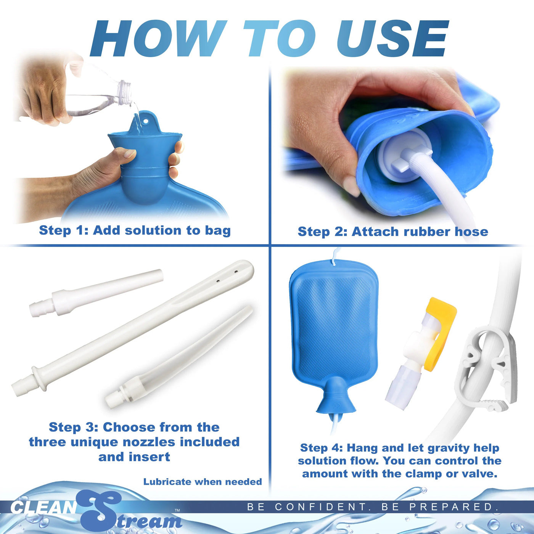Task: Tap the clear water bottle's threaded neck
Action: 125,93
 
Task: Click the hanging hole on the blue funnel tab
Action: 145,122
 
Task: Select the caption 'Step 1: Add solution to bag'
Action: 135,230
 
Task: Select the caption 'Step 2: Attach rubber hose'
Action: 392,232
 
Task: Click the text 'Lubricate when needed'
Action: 203,482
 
